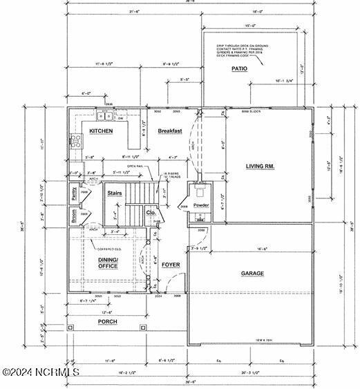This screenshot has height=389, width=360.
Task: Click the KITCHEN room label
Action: tap(100, 131)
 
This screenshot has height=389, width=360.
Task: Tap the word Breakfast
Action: tap(169, 131)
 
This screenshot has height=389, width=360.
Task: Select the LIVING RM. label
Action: tap(260, 165)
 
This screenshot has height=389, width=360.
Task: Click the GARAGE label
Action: tap(252, 274)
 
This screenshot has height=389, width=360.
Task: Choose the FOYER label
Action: tap(171, 265)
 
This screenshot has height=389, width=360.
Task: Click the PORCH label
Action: tap(106, 322)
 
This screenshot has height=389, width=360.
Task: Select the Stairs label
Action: tap(115, 193)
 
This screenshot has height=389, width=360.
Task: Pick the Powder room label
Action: tap(201, 206)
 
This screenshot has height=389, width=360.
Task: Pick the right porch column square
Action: tap(142, 328)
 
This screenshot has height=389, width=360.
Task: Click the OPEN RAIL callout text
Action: tap(135, 167)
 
